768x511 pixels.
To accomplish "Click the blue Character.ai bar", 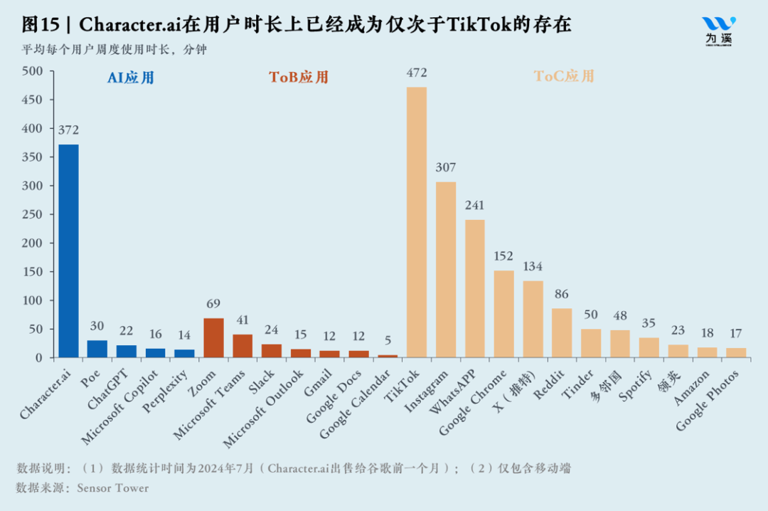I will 68,251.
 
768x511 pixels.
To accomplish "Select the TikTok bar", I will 417,222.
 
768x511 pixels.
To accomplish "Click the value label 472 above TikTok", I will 417,73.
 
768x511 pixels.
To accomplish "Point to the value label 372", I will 68,130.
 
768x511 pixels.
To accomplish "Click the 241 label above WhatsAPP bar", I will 475,205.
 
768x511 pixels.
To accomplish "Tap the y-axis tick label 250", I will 33,214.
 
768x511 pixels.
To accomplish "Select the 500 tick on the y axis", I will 33,71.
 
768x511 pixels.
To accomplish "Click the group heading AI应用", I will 131,78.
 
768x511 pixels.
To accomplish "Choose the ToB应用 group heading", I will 299,78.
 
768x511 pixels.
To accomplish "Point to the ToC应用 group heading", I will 564,76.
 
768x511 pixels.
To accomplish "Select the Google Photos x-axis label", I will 709,399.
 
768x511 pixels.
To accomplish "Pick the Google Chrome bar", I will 503,314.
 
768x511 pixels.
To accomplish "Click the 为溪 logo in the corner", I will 718,31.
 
